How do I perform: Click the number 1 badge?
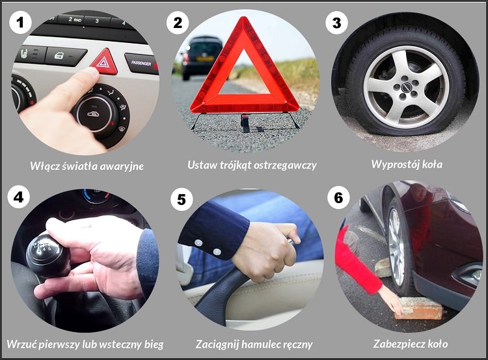21,23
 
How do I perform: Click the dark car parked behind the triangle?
202,55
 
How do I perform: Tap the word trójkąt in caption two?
239,165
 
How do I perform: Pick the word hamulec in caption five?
265,344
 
